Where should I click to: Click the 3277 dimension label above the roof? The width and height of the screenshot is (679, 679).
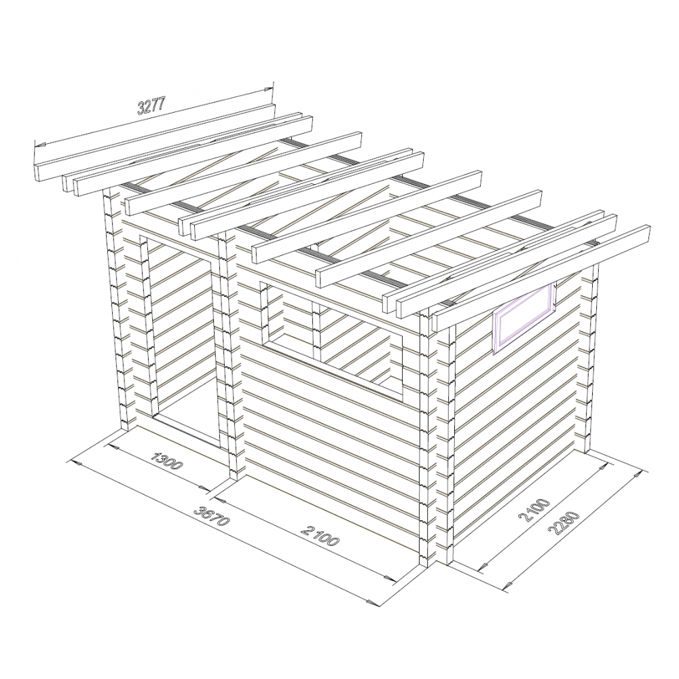(151, 106)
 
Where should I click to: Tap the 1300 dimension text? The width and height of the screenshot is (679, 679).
(168, 461)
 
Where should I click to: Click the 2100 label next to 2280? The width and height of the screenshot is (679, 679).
(534, 512)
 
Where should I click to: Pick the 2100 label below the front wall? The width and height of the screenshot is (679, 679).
(320, 535)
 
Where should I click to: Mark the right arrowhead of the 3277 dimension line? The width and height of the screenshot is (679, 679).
(270, 90)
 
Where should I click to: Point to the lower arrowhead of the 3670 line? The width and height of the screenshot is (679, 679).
(371, 602)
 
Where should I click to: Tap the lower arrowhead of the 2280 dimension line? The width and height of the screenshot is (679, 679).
(506, 585)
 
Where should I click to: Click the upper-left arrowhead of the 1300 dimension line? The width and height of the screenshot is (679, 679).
(114, 445)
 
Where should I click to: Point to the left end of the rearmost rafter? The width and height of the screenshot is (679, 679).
(37, 172)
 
